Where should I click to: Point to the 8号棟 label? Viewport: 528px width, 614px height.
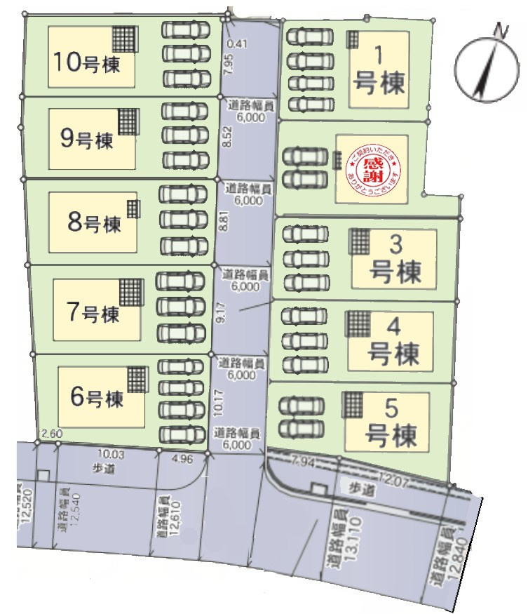click(94, 224)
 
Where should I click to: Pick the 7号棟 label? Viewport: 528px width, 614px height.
click(93, 312)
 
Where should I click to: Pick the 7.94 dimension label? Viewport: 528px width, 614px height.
click(303, 462)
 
